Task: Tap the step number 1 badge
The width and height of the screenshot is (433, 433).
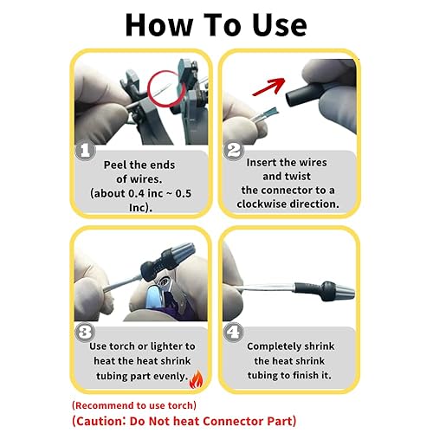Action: tap(86, 151)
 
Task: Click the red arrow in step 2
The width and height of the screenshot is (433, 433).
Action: tap(270, 86)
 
